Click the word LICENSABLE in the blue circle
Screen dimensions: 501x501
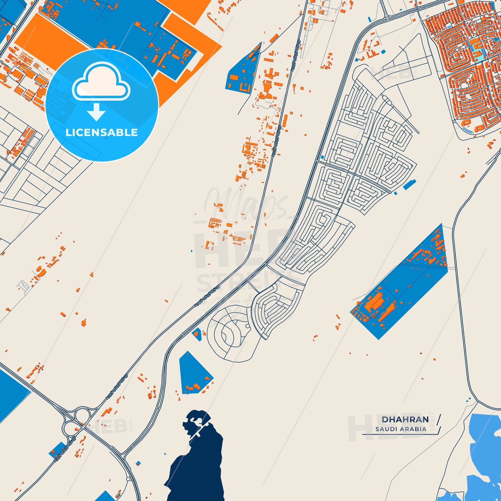click(102, 132)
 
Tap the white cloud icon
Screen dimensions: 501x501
click(101, 82)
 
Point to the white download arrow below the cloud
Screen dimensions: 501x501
click(96, 112)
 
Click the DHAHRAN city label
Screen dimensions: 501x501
click(405, 420)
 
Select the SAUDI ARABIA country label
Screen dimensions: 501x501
click(401, 429)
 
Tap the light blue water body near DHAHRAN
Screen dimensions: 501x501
click(485, 447)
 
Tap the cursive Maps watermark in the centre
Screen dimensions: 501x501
click(243, 205)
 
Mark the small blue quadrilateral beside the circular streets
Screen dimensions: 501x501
click(197, 334)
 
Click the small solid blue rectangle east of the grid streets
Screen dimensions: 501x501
click(409, 184)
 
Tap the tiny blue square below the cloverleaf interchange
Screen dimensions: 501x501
click(138, 463)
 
